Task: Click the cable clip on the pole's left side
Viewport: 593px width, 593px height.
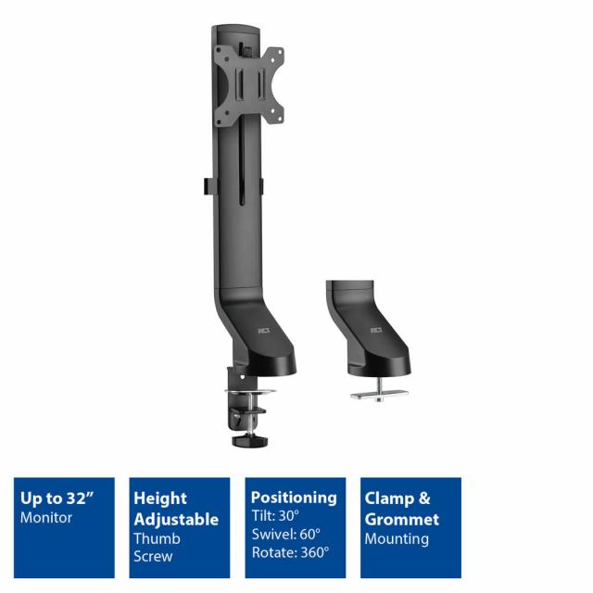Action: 202,185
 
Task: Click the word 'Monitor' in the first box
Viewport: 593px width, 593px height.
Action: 45,518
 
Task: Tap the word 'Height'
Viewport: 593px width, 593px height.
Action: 159,498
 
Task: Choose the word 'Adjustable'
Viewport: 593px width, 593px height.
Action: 176,519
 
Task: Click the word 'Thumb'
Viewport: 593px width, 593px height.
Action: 157,538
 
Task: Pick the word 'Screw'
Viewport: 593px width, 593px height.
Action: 154,557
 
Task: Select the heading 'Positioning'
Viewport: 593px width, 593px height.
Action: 294,498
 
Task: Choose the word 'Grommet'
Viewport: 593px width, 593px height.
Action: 402,519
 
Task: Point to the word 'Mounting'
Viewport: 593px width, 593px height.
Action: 397,538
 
